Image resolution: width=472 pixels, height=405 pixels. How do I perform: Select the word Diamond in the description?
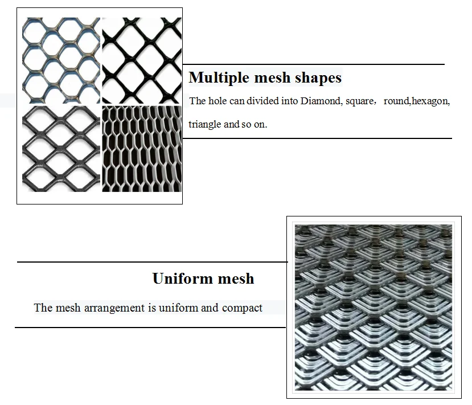pos(319,101)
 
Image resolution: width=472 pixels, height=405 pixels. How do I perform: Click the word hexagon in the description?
pos(430,101)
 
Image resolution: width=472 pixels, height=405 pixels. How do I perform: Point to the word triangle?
pos(205,124)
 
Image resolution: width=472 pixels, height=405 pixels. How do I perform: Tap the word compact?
pos(242,308)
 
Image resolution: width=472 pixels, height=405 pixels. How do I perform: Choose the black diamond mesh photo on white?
pos(141,60)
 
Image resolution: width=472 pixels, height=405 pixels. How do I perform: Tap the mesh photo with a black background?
pos(141,149)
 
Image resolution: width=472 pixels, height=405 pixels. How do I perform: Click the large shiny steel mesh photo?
pos(373,307)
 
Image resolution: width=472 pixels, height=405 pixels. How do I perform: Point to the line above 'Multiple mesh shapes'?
pos(313,64)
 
